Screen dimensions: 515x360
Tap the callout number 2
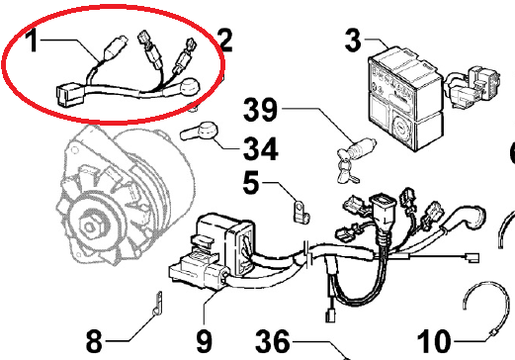(224, 41)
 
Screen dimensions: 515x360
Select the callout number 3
(353, 41)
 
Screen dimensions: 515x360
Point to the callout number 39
(260, 109)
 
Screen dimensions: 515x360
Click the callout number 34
(260, 148)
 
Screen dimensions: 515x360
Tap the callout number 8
(94, 341)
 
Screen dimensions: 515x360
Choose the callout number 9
(205, 341)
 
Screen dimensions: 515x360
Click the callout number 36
(273, 341)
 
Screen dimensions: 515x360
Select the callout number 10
(434, 341)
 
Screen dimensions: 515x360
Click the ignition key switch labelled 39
(355, 159)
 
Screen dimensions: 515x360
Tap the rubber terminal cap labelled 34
(199, 131)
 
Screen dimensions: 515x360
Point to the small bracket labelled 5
(300, 212)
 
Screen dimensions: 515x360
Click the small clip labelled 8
(157, 304)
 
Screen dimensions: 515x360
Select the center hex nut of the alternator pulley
(89, 226)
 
